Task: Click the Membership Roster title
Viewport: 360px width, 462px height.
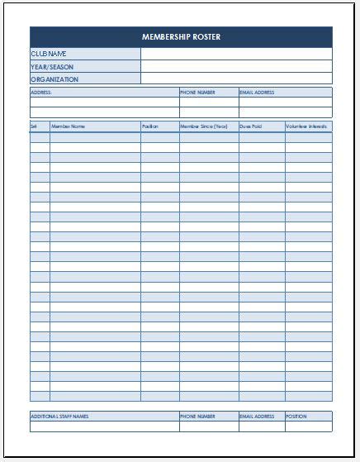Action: click(x=181, y=37)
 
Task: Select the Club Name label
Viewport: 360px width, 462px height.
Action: click(x=49, y=54)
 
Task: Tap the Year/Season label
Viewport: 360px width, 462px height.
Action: click(x=52, y=67)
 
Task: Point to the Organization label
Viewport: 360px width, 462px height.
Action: click(x=54, y=79)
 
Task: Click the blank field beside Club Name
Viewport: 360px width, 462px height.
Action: click(x=236, y=54)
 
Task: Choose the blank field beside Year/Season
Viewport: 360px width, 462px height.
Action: click(x=236, y=67)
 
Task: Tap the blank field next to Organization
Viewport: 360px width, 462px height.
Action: click(x=236, y=79)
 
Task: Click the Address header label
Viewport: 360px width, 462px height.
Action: click(x=41, y=93)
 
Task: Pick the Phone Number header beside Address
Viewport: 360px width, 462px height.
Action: click(x=197, y=93)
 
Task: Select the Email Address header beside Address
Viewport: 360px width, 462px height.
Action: click(x=257, y=93)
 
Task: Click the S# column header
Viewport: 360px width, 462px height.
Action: click(x=34, y=126)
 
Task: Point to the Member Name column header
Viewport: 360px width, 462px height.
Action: click(x=68, y=126)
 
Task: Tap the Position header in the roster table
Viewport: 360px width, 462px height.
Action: click(x=150, y=126)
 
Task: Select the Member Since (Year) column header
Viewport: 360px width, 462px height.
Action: click(x=203, y=126)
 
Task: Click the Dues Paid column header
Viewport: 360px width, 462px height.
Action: click(x=251, y=126)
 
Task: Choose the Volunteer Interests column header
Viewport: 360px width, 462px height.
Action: click(x=306, y=126)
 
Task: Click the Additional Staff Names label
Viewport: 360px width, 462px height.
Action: click(x=59, y=417)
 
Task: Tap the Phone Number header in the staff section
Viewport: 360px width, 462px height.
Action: click(x=197, y=417)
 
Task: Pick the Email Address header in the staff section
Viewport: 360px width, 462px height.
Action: click(x=257, y=417)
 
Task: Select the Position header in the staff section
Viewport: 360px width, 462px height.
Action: click(x=296, y=417)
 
